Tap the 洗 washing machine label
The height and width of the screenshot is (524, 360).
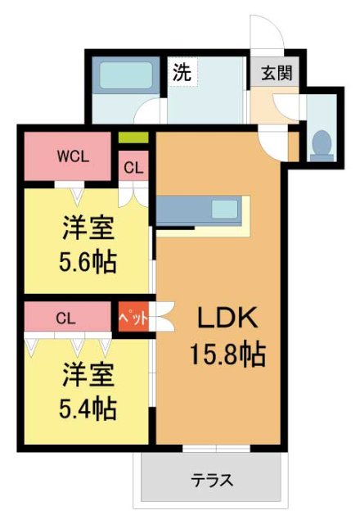182,71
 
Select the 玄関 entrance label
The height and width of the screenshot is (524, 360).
273,72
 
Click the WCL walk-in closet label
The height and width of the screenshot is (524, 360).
72,156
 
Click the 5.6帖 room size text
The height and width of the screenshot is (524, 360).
87,262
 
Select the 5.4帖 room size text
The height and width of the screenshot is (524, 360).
87,406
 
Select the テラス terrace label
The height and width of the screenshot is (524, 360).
212,480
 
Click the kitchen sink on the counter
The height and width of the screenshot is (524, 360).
223,209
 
